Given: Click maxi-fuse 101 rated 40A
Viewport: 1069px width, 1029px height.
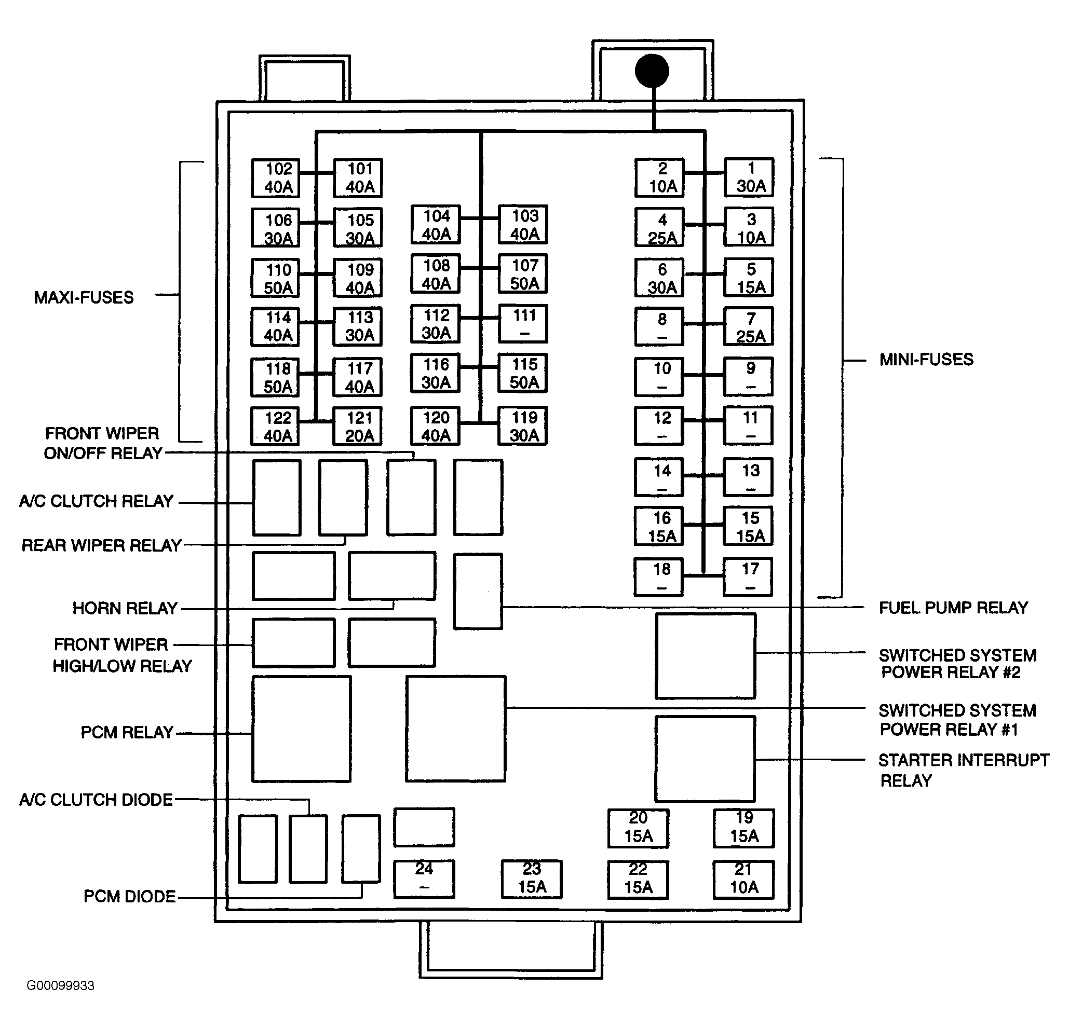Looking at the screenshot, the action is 358,177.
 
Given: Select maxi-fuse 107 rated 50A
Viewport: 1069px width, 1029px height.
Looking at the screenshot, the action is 522,273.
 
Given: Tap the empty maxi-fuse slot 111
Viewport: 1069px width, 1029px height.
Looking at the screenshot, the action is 522,323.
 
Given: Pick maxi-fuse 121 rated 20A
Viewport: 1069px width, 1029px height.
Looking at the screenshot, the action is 357,426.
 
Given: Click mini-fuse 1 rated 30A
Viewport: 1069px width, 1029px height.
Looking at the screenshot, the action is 749,177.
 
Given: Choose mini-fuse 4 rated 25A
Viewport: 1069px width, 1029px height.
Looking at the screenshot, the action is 659,227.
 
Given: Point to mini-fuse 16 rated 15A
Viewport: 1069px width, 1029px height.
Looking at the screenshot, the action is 659,526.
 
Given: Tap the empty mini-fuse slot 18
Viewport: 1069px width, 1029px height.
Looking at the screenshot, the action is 659,577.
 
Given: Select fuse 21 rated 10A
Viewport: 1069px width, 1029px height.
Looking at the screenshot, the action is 743,879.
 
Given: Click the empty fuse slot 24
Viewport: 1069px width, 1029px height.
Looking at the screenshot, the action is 424,879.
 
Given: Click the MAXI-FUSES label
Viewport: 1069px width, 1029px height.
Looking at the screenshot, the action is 84,297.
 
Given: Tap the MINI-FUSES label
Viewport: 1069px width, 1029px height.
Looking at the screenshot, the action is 926,359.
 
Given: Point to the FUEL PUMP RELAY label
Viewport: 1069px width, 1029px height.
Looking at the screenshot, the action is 953,607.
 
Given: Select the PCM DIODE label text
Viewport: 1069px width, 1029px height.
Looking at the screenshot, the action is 129,896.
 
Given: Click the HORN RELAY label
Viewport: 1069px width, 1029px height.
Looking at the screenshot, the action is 125,608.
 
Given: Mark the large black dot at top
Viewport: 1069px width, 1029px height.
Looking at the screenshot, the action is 652,71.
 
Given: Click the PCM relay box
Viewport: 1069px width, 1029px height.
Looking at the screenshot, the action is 302,729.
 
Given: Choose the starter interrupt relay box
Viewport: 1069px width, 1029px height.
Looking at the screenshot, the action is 705,759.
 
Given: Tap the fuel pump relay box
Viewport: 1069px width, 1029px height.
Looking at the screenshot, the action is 478,592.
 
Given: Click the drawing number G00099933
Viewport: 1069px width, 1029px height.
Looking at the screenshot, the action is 61,985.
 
